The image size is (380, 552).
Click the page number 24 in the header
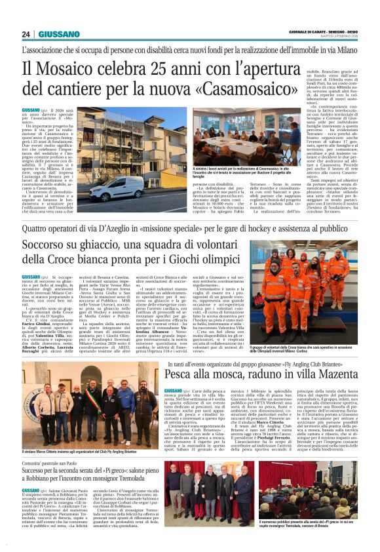coord(27,34)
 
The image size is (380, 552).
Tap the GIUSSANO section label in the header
coord(59,34)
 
